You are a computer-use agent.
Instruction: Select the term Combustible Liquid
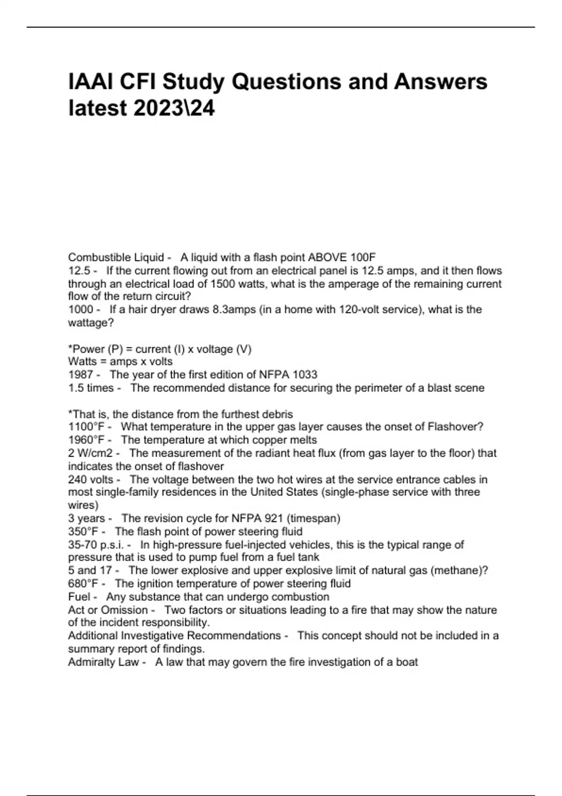click(116, 258)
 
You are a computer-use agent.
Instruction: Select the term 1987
click(81, 375)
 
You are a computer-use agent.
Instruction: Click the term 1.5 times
click(91, 388)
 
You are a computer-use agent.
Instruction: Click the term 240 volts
click(91, 479)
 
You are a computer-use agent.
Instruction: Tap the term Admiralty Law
click(104, 662)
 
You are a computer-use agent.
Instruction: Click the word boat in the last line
click(407, 662)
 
